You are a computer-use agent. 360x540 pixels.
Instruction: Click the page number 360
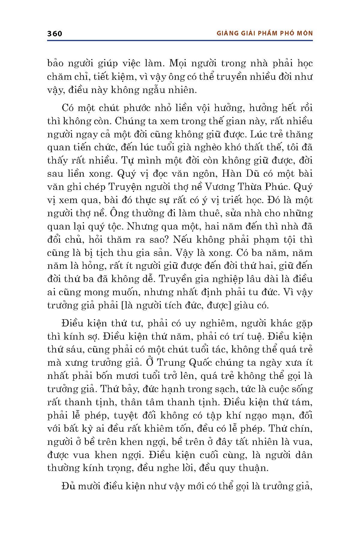(x=55, y=33)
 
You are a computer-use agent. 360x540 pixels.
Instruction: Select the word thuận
(x=254, y=468)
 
